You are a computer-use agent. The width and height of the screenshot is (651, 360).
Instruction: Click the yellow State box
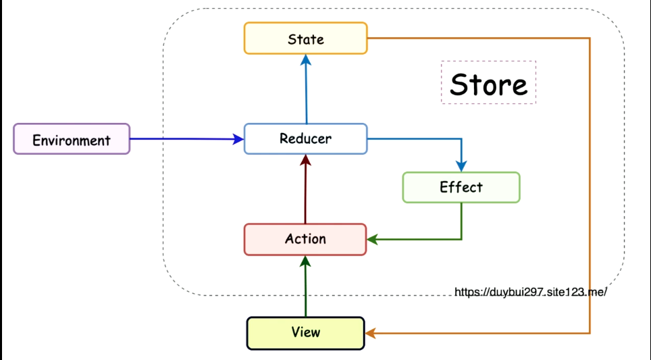[x=305, y=38]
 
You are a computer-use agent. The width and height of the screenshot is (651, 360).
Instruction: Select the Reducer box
[x=305, y=138]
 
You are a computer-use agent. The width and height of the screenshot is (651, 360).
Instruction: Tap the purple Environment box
[x=72, y=139]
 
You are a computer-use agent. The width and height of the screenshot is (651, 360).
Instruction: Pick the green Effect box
[x=461, y=187]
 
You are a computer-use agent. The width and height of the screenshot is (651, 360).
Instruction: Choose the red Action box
[x=305, y=240]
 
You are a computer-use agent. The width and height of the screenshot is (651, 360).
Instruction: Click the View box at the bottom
[x=305, y=333]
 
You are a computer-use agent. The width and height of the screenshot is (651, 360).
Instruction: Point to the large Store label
[x=489, y=84]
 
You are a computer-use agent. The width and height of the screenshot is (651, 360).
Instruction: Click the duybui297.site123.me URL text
[x=531, y=292]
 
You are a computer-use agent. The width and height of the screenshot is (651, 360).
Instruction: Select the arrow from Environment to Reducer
[x=187, y=139]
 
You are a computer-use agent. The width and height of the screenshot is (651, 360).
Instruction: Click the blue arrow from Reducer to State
[x=306, y=89]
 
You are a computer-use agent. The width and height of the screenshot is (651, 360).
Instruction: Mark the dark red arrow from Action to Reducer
[x=305, y=189]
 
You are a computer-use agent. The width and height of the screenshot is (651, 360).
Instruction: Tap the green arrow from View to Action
[x=305, y=286]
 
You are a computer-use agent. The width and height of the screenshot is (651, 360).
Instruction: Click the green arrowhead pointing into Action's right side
[x=372, y=240]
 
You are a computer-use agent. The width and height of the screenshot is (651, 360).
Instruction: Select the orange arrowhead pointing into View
[x=370, y=333]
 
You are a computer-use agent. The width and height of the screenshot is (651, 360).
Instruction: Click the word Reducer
[x=305, y=138]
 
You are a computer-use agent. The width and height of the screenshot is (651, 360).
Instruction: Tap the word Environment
[x=72, y=140]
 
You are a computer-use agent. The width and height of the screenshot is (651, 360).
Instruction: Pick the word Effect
[x=461, y=187]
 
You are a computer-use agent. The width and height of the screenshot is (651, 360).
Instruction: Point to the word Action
[x=305, y=238]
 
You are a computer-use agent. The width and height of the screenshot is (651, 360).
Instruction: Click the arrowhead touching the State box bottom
[x=306, y=60]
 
